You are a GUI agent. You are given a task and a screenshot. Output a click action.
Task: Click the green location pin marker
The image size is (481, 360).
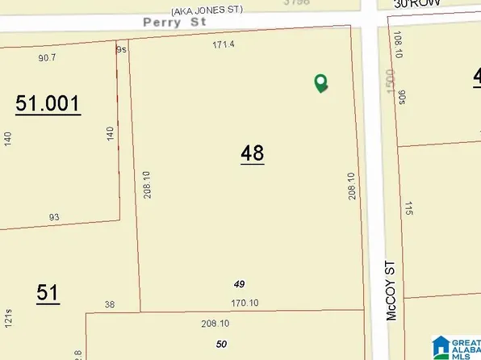[x=320, y=82]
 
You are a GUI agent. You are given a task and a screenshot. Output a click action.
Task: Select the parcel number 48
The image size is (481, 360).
[x=252, y=153]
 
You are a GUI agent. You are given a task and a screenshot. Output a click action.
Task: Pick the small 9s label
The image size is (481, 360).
[x=122, y=49]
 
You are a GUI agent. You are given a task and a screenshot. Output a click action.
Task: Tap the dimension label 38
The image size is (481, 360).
[x=110, y=304]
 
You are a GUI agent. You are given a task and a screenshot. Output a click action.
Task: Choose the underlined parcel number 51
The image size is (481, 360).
[x=48, y=293]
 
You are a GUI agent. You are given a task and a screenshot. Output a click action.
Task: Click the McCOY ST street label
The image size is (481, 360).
[x=392, y=290]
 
